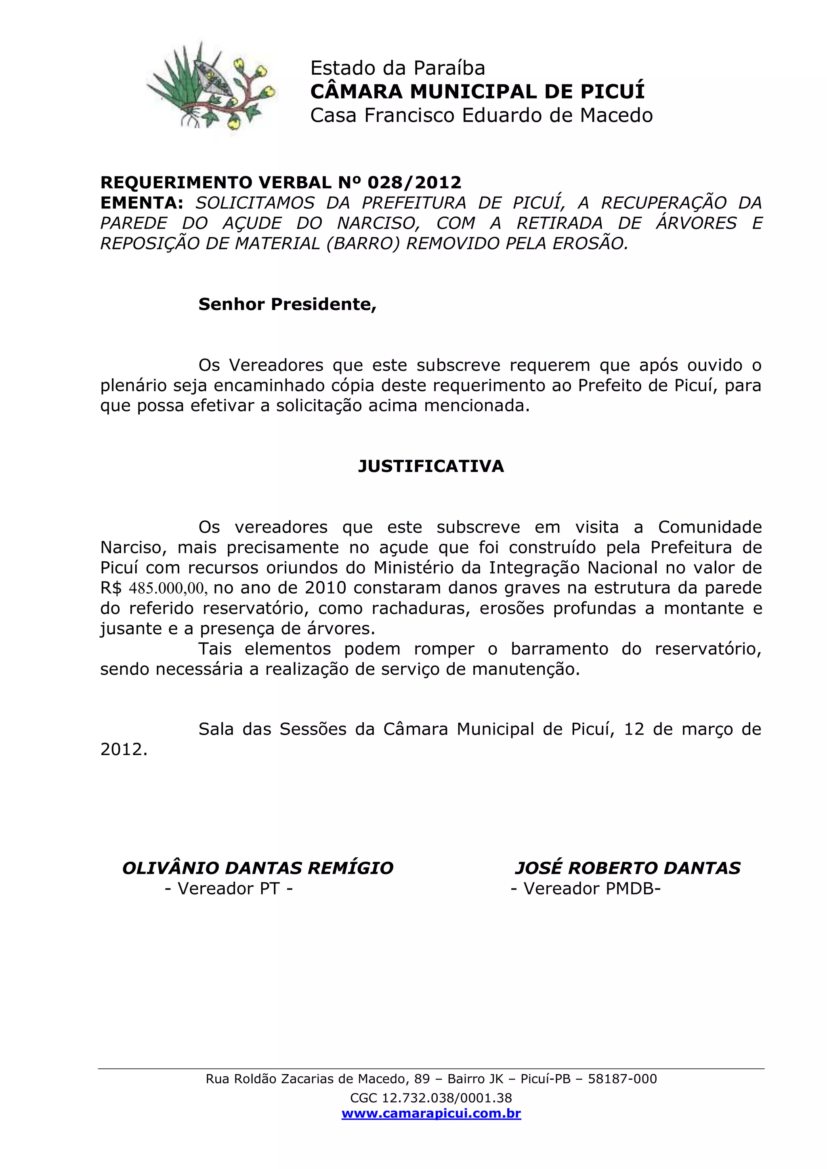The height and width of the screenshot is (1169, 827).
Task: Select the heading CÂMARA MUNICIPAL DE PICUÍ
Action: click(477, 92)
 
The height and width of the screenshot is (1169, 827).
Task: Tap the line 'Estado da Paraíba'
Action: click(397, 68)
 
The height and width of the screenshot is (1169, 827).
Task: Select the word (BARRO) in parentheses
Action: click(363, 243)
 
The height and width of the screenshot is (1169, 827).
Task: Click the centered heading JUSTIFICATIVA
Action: click(431, 466)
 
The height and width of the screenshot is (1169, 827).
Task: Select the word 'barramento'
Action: click(559, 649)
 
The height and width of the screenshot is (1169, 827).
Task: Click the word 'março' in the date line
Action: click(708, 729)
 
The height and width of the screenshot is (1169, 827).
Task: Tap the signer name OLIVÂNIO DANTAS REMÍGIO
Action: click(258, 868)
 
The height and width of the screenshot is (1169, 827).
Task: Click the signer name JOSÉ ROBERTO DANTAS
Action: click(628, 868)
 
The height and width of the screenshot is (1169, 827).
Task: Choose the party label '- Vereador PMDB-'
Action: click(586, 888)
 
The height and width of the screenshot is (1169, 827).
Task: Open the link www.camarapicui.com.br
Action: click(431, 1114)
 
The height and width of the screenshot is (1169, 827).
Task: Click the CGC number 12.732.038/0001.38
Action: click(447, 1098)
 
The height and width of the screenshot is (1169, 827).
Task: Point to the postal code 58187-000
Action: click(622, 1079)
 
